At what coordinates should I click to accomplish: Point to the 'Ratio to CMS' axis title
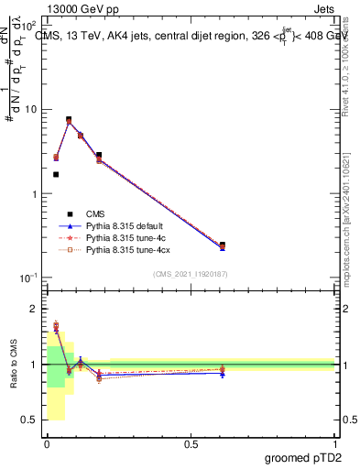click(12, 365)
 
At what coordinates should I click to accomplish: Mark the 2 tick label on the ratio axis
click(34, 310)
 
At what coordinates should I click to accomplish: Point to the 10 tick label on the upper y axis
click(30, 110)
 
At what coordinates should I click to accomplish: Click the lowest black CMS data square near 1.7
click(56, 174)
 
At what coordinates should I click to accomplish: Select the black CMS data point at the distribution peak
click(69, 119)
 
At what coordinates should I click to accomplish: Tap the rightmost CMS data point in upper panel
click(223, 245)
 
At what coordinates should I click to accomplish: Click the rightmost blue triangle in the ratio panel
click(223, 374)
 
